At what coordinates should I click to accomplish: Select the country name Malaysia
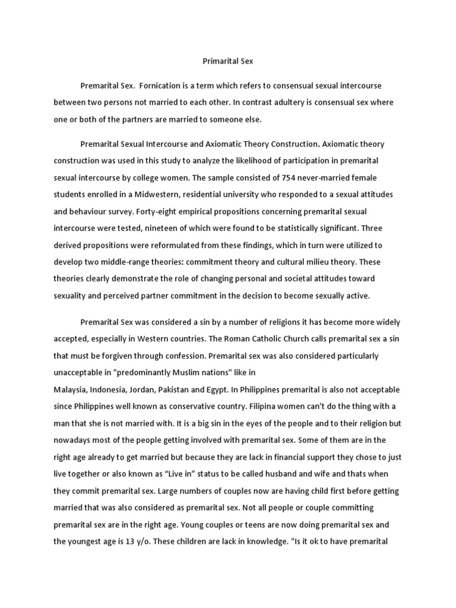(71, 389)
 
